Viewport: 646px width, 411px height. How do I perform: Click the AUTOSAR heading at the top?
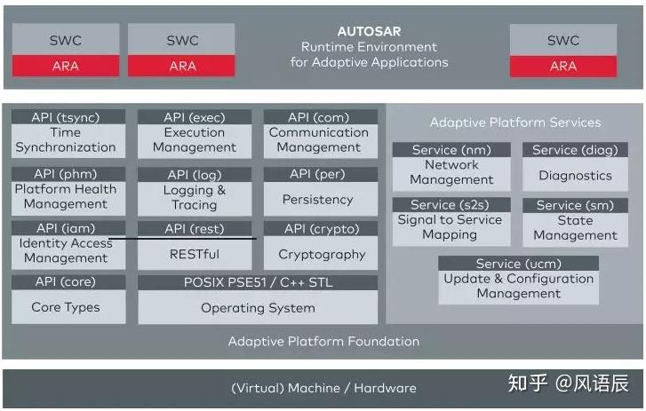coord(369,31)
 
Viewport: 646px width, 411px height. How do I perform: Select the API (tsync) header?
coord(66,117)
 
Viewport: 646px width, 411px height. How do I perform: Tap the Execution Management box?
coord(194,140)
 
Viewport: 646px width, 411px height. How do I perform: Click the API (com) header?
coord(318,117)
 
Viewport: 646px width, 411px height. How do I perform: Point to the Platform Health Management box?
coord(66,196)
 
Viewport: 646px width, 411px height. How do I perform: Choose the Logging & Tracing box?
coord(194,197)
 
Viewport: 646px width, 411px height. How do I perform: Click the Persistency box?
coord(318,200)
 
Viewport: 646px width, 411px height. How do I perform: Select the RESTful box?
coord(194,254)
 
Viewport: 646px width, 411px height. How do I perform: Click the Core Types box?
coord(66,307)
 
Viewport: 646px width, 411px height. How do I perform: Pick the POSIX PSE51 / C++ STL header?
coord(258,282)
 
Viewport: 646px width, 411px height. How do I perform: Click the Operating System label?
coord(258,308)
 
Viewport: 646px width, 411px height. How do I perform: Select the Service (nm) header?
coord(451,149)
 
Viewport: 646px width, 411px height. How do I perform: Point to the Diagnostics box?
coord(575,176)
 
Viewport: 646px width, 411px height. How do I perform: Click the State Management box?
coord(575,228)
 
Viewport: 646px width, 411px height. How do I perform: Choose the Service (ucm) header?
coord(518,264)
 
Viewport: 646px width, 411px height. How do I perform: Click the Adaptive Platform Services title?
coord(515,123)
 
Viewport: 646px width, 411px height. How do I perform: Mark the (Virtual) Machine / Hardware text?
coord(323,388)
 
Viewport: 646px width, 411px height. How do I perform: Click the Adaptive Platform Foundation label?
coord(323,341)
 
